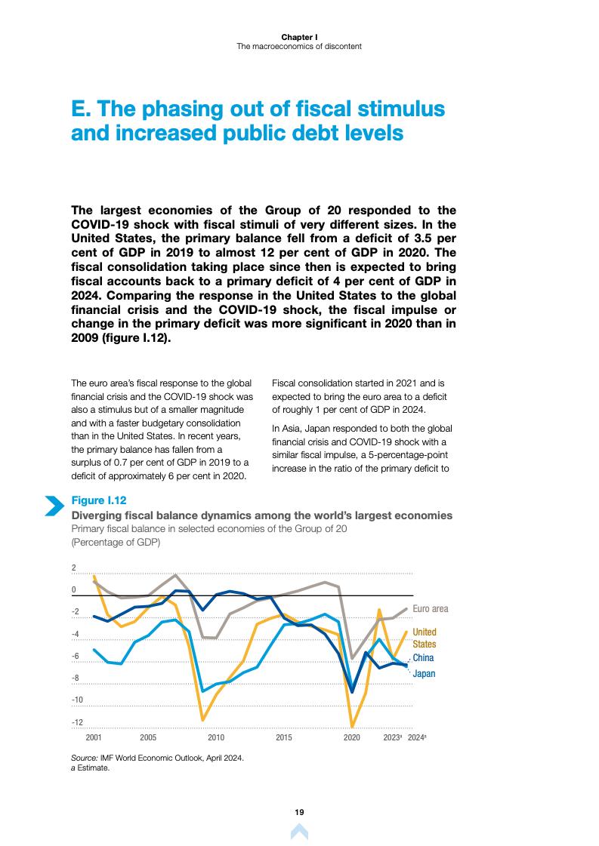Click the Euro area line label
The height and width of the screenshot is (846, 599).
point(430,608)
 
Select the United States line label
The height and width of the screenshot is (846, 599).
point(424,638)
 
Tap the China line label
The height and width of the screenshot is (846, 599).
point(423,658)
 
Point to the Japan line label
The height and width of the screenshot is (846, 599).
point(424,673)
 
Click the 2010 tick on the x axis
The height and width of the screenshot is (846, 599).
point(216,737)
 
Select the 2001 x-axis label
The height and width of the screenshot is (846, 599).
point(94,737)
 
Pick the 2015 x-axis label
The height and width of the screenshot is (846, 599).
point(284,737)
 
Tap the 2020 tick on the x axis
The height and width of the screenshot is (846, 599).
point(352,737)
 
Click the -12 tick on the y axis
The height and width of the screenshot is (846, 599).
point(77,722)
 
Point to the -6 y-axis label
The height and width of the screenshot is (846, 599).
point(77,656)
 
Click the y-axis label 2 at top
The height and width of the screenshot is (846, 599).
point(73,568)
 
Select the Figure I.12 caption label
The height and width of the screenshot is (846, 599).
point(98,500)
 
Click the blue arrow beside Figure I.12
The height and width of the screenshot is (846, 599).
point(54,506)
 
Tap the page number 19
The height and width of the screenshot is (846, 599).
point(299,812)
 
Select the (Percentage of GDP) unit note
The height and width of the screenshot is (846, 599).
point(116,542)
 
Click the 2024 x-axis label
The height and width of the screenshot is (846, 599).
point(417,737)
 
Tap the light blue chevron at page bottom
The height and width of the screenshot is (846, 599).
point(299,832)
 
